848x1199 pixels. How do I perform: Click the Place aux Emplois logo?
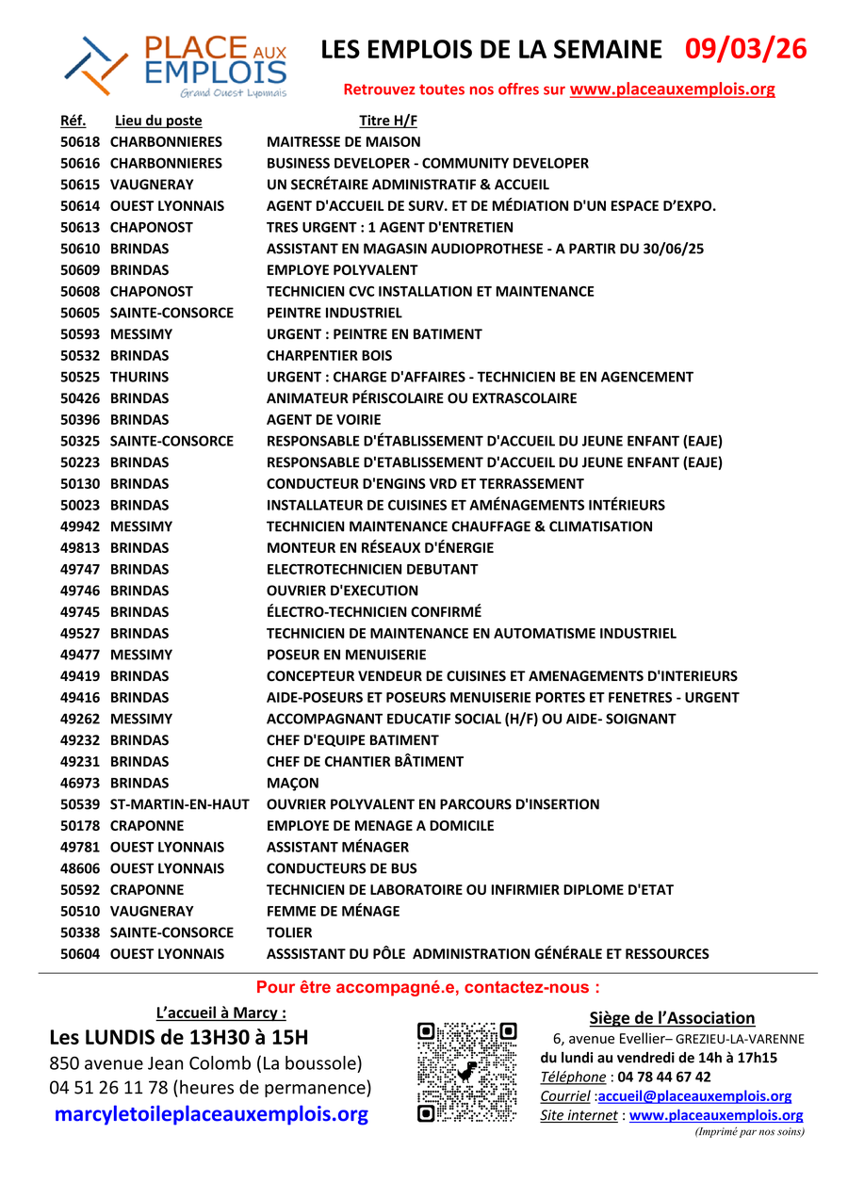[176, 66]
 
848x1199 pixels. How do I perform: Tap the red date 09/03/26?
[745, 50]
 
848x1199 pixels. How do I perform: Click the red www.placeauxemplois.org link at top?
[672, 89]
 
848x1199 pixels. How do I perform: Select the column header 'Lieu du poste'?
[158, 121]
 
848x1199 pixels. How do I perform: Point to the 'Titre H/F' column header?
[388, 121]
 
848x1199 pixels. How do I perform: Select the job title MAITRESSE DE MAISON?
[344, 142]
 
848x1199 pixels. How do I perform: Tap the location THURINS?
[139, 377]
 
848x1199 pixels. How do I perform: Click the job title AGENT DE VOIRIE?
[323, 419]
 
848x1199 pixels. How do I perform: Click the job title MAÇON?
[293, 783]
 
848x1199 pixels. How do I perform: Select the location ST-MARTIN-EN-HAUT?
[179, 804]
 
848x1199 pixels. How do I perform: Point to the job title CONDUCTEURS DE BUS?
[341, 868]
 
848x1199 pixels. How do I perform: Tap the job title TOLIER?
[288, 932]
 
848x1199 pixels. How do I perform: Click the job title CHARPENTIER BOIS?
[329, 355]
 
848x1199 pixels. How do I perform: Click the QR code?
[467, 1072]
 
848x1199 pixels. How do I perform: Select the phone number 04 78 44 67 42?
[664, 1077]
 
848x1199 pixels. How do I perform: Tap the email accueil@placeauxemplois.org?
[694, 1096]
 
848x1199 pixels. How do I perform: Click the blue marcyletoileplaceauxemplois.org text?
[211, 1114]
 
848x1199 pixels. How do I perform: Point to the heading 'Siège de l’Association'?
[672, 1017]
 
